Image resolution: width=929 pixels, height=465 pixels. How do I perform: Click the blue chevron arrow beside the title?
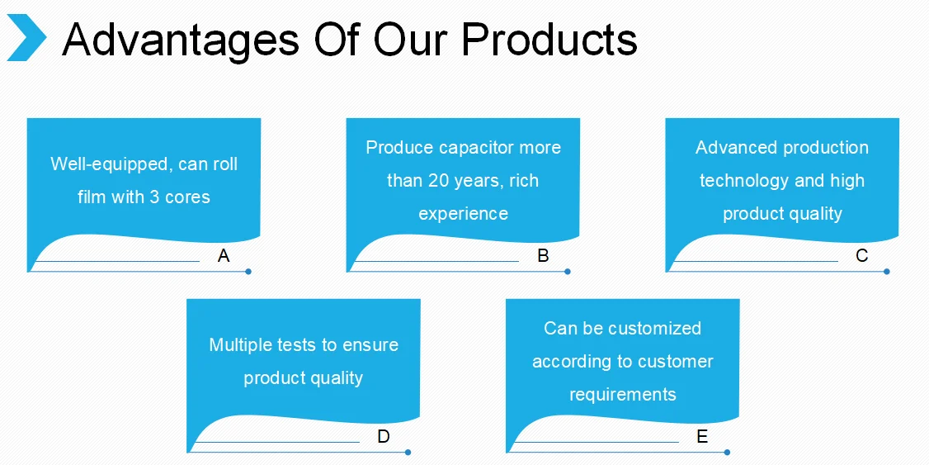coord(26,38)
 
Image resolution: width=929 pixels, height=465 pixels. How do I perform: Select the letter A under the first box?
coord(224,256)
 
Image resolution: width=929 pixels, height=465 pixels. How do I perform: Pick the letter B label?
coord(543,256)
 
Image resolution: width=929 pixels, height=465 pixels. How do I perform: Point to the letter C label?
coord(862,256)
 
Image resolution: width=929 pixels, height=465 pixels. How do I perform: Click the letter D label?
coord(384,437)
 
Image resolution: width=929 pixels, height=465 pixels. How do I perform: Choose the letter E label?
coord(702,437)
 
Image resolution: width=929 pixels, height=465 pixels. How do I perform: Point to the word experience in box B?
coord(463,214)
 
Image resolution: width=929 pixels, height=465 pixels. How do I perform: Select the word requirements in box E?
coord(622,395)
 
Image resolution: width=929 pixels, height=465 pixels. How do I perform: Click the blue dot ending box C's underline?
coord(887,271)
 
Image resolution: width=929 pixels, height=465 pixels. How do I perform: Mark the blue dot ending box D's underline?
coord(408,452)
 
